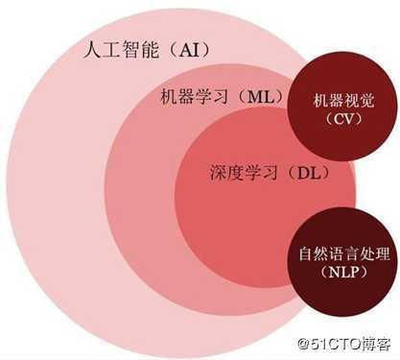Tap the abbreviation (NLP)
tap(341, 276)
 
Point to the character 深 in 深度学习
tap(218, 174)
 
